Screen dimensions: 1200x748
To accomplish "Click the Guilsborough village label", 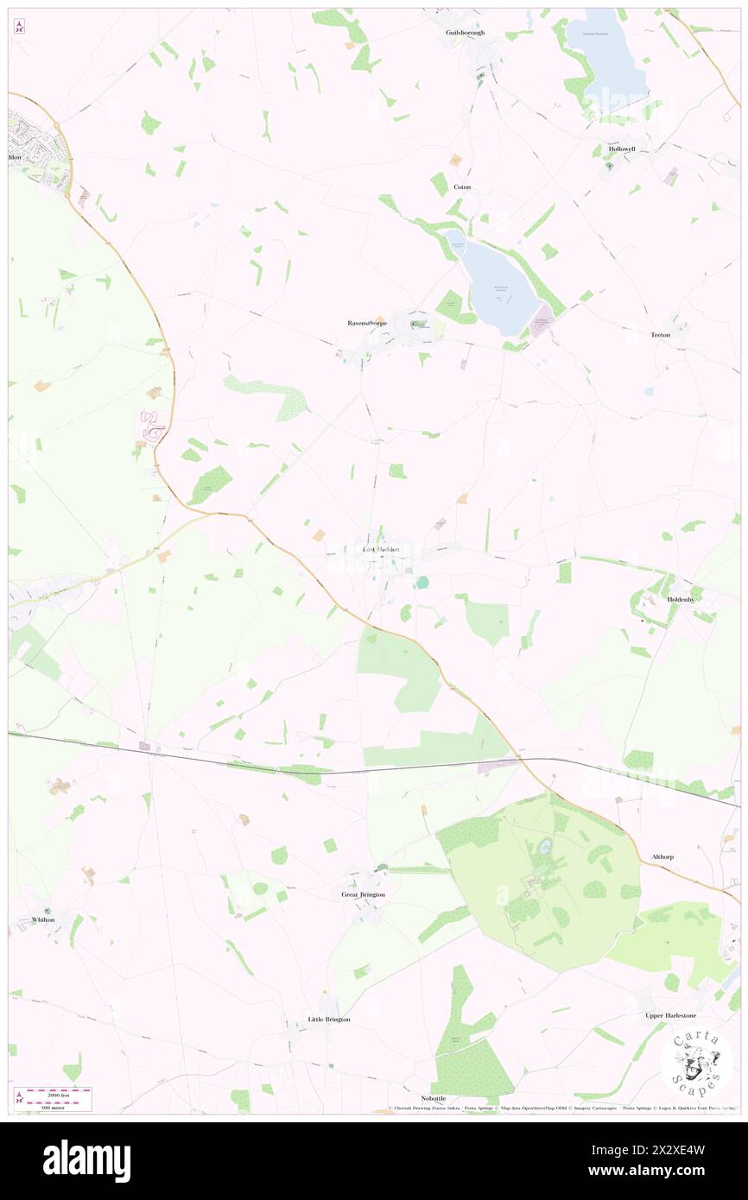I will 466,33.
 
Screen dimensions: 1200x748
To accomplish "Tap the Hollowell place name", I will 621,148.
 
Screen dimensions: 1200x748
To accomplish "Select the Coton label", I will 462,186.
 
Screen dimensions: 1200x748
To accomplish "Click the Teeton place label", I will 660,334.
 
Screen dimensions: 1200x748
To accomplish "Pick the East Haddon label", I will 381,549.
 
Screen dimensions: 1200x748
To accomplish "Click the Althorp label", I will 662,857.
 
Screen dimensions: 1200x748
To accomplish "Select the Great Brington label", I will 363,895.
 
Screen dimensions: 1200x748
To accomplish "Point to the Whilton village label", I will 42,919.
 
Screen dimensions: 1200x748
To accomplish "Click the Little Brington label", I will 329,1020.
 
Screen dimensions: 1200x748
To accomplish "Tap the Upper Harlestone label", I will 671,1016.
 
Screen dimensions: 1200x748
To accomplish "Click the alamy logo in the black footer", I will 86,1160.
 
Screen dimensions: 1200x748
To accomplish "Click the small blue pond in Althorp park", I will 545,848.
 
